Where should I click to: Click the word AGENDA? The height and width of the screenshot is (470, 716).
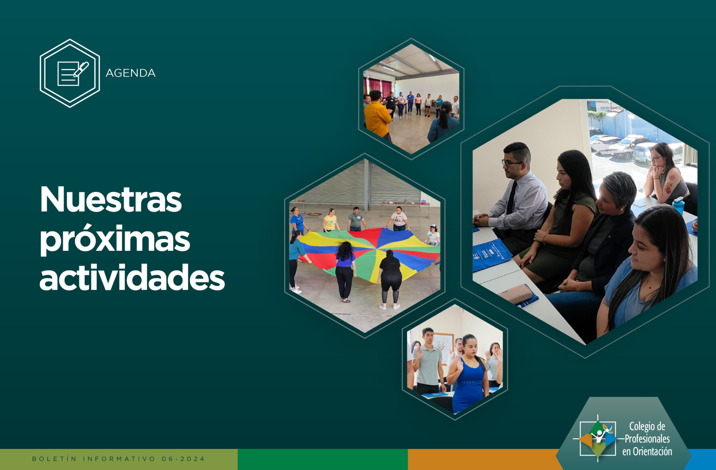tap(130, 73)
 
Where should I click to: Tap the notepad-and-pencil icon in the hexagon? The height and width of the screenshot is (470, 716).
tap(72, 73)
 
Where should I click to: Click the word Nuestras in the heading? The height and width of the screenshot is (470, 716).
tap(111, 199)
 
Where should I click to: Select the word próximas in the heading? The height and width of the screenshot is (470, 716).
tap(115, 240)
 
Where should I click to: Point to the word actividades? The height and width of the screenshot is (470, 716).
tap(132, 277)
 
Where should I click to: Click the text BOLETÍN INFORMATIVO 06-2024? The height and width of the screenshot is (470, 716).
tap(119, 459)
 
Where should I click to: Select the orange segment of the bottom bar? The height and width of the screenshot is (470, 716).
tap(482, 460)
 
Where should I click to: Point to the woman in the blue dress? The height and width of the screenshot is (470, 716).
tap(468, 374)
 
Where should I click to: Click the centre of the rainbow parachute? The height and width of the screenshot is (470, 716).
tap(376, 249)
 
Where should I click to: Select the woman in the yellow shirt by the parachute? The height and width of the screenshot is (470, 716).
tap(330, 220)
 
